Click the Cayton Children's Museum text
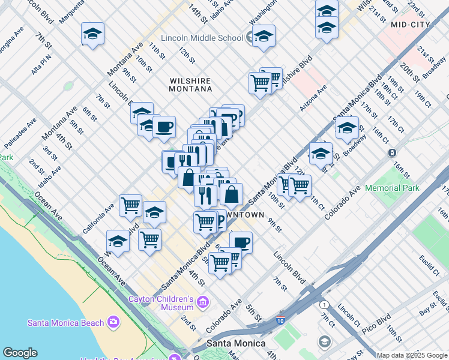pyautogui.click(x=161, y=303)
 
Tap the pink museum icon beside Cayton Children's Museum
pyautogui.click(x=203, y=301)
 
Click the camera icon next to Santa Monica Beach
pyautogui.click(x=113, y=323)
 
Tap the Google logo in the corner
pyautogui.click(x=20, y=353)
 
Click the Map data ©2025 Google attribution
pyautogui.click(x=412, y=355)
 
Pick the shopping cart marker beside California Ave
pyautogui.click(x=130, y=206)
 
